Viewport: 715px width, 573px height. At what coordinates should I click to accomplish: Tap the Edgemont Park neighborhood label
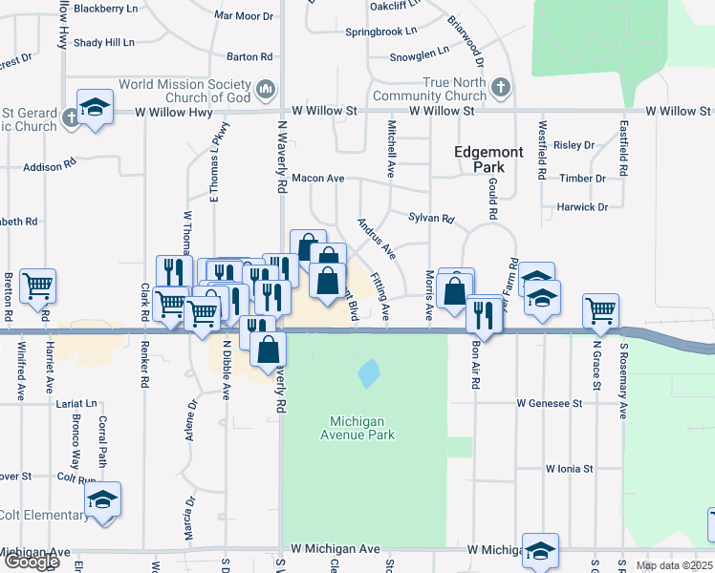[x=488, y=159]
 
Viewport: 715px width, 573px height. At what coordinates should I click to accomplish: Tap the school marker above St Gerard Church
[x=96, y=106]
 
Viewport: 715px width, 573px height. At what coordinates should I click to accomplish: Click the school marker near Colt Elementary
[x=103, y=499]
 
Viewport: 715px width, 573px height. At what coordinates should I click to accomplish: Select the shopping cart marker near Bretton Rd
[x=37, y=285]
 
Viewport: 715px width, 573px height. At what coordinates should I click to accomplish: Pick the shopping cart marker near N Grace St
[x=600, y=309]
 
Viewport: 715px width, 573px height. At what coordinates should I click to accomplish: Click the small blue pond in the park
[x=368, y=371]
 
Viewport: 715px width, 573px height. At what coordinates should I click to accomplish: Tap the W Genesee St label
[x=550, y=404]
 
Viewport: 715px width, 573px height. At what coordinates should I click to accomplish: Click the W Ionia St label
[x=570, y=469]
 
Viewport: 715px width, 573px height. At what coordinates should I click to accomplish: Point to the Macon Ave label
[x=317, y=179]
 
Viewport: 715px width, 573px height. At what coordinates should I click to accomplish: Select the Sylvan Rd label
[x=431, y=219]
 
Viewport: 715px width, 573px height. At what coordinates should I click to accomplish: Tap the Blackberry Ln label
[x=106, y=9]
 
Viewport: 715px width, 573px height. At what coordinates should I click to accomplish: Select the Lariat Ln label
[x=76, y=404]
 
